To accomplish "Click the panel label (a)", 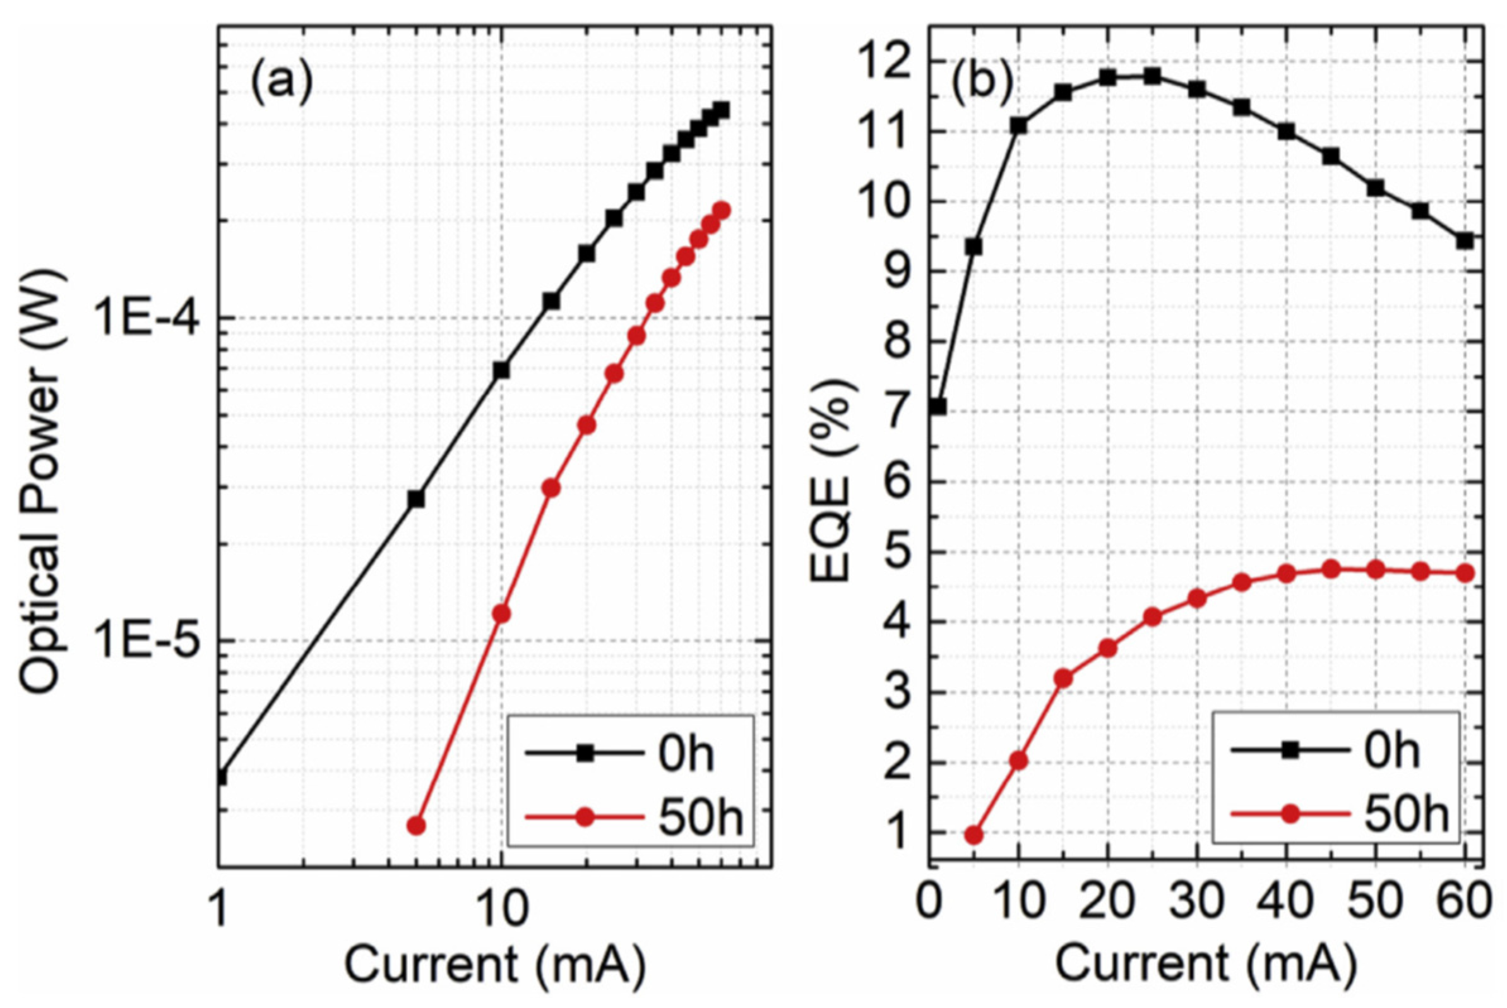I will tap(281, 85).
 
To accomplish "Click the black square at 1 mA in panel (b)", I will tap(938, 407).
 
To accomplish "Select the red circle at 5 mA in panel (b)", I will tap(974, 835).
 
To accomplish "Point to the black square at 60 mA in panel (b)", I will tap(1465, 241).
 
